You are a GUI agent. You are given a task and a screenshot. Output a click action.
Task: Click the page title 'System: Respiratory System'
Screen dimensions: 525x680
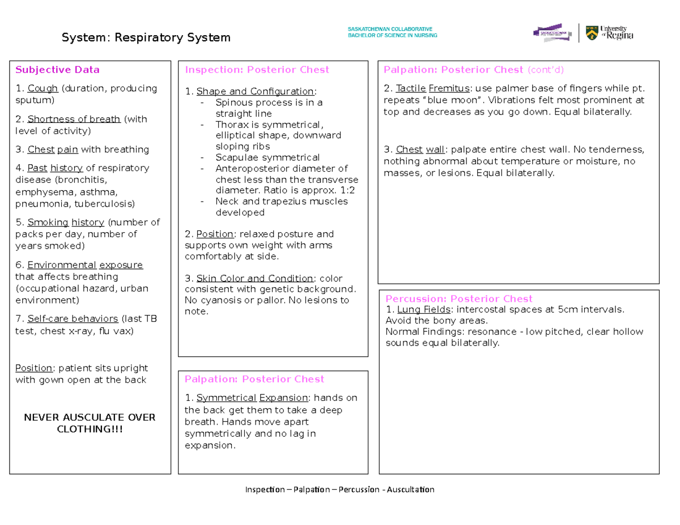click(x=146, y=38)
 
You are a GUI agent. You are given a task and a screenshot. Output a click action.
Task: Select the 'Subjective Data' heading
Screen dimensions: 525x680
click(x=57, y=70)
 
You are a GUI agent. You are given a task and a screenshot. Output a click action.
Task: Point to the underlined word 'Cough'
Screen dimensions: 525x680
click(x=43, y=88)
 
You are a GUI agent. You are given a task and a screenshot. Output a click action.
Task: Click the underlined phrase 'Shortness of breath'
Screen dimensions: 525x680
click(x=74, y=119)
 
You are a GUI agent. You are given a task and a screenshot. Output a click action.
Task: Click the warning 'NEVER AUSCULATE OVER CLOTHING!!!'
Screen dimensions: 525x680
click(x=90, y=423)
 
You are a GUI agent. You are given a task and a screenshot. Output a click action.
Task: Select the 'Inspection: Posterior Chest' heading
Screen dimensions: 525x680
click(x=257, y=70)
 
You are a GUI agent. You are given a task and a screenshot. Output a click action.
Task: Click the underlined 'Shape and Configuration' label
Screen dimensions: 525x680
click(x=255, y=92)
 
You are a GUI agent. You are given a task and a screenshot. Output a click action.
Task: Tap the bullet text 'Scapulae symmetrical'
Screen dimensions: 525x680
click(x=267, y=157)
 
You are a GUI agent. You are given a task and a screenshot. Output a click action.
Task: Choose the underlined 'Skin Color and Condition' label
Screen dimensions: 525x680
click(x=255, y=279)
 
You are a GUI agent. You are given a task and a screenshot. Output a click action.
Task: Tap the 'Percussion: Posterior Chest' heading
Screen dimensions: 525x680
click(x=459, y=299)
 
